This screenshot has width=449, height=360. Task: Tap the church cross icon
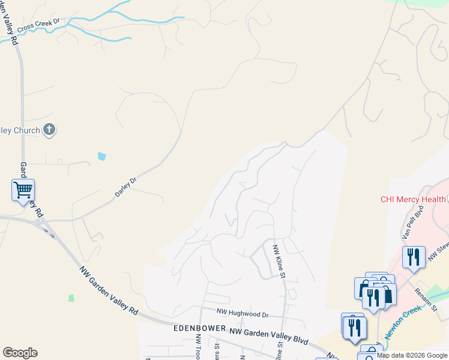[x=49, y=130]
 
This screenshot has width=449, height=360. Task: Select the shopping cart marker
[x=23, y=190]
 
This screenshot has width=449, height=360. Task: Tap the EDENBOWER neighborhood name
[x=199, y=329]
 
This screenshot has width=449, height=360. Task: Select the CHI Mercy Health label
[x=414, y=199]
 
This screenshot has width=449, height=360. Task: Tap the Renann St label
[x=426, y=299]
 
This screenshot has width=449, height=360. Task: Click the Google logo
[x=20, y=353]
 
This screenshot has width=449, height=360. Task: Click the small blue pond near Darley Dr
[x=101, y=157]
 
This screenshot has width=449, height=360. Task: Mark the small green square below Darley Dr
[x=71, y=298]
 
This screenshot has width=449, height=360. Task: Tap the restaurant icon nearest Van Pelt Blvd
[x=413, y=257]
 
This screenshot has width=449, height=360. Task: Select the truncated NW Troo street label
[x=197, y=347]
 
